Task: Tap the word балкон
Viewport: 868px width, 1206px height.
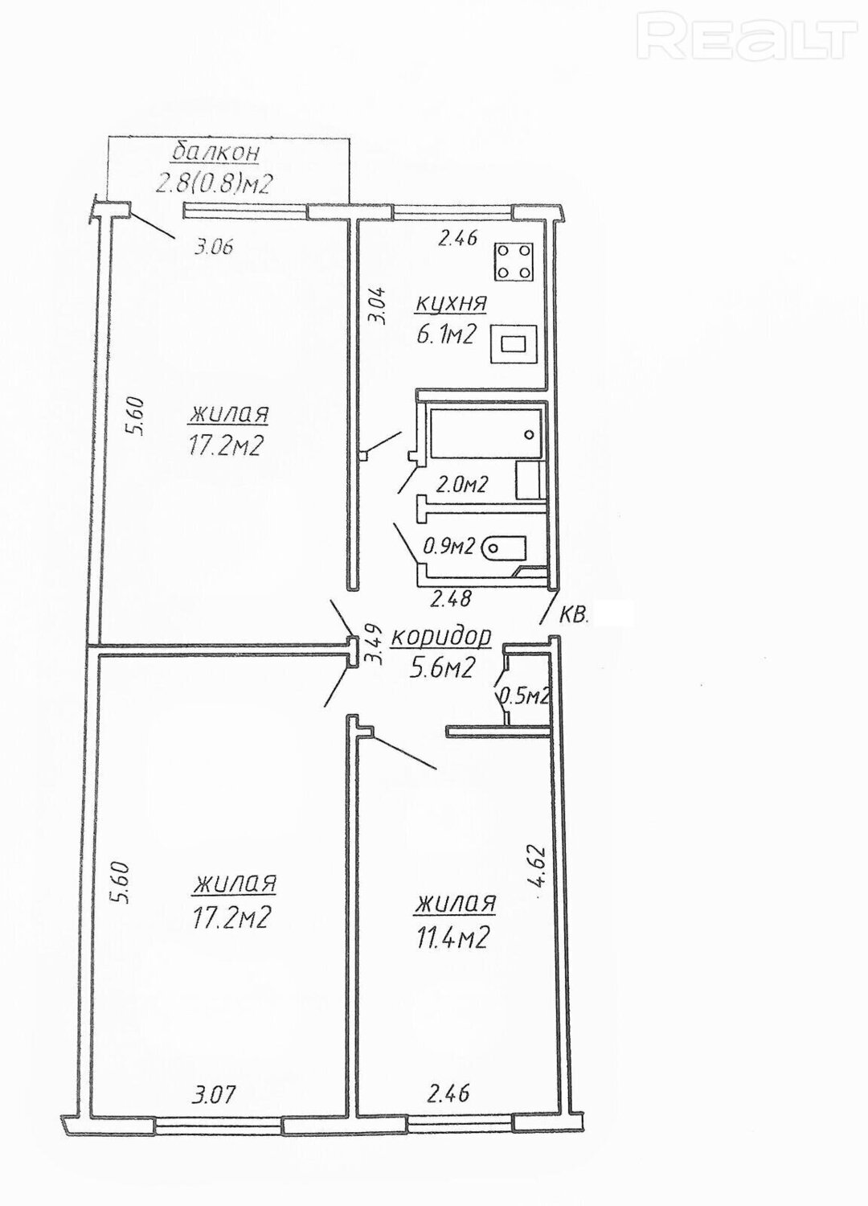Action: [215, 153]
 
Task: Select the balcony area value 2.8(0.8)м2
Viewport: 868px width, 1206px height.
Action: [211, 185]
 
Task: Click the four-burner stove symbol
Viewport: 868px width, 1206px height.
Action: [514, 261]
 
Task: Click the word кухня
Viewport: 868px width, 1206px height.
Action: [450, 303]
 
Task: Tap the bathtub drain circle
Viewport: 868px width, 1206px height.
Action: [530, 434]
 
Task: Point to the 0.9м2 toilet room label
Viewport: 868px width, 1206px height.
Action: [448, 548]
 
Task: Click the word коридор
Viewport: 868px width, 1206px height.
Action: [440, 637]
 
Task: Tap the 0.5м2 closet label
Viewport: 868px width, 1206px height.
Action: [523, 696]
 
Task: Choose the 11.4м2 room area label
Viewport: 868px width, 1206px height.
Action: [450, 938]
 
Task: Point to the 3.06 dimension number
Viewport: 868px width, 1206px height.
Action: [212, 248]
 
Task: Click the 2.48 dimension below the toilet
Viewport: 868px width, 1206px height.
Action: [451, 598]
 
